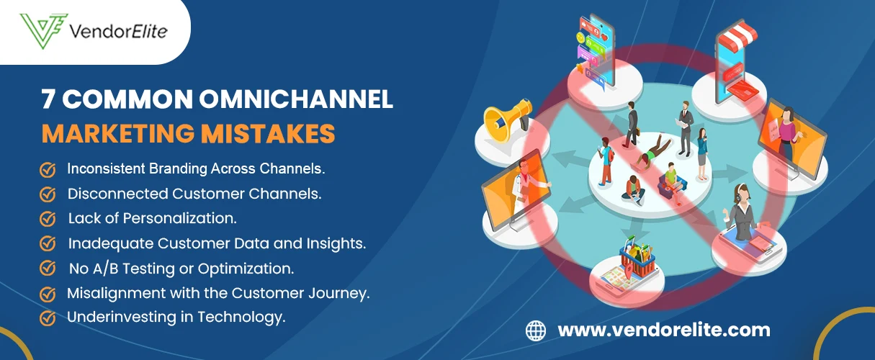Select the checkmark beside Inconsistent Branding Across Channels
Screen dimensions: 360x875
[48, 170]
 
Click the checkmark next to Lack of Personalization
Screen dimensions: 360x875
[48, 218]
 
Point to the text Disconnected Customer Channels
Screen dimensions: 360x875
[194, 194]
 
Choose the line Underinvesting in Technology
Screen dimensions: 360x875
[176, 317]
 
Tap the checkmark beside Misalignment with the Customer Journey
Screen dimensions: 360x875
[48, 294]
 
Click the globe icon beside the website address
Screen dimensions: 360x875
[536, 331]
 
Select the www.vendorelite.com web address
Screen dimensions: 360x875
[663, 330]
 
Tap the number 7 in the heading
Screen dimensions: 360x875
[48, 100]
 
